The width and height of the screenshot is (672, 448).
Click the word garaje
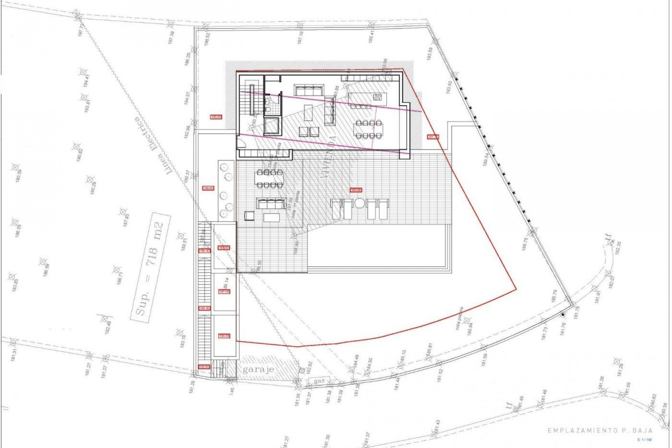tap(259, 369)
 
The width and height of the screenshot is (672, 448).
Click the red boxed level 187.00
tap(224, 292)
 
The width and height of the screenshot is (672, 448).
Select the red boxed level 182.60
tap(204, 367)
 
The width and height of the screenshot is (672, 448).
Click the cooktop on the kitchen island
tap(377, 97)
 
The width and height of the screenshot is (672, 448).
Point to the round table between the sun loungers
tap(359, 203)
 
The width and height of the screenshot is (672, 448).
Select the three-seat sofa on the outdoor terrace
tap(271, 203)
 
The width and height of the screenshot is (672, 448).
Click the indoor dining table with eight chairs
tap(367, 129)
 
